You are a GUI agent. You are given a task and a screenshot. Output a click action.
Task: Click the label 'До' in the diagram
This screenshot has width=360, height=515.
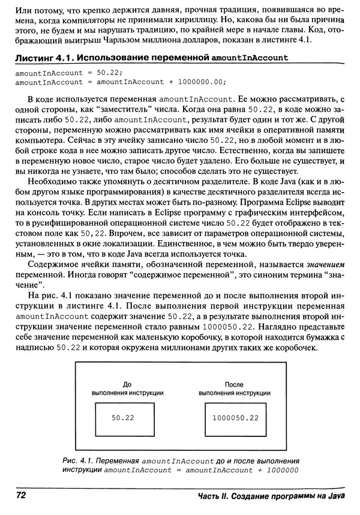[x=126, y=384]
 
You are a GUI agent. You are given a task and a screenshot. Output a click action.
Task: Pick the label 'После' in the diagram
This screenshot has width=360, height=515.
[x=233, y=384]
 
